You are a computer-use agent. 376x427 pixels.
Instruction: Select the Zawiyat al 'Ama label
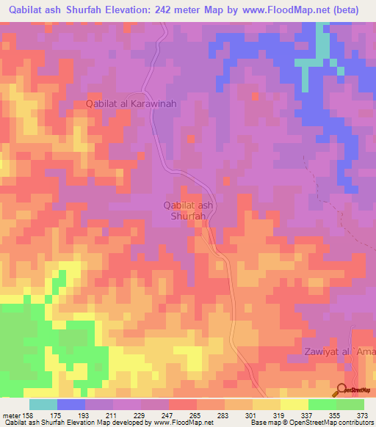point(339,353)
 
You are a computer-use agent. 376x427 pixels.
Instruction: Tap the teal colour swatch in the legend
point(43,404)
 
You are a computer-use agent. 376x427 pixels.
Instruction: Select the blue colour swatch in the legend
point(71,404)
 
